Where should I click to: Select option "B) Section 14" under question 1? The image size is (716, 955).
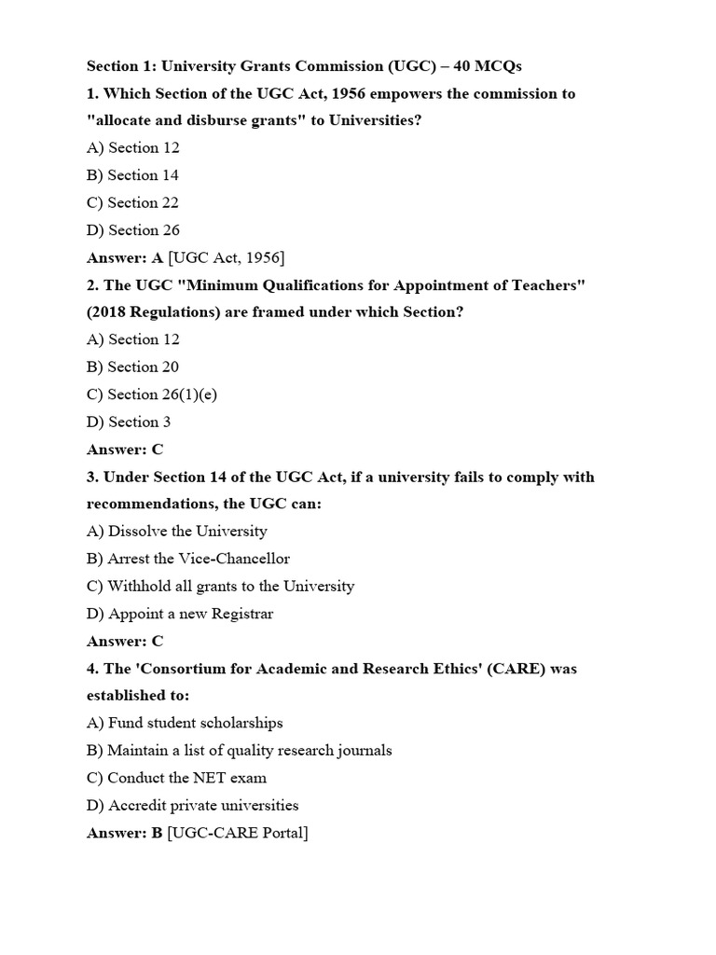coord(132,175)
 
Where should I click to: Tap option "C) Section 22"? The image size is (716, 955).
coord(132,202)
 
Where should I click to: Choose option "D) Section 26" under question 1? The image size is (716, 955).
coord(133,230)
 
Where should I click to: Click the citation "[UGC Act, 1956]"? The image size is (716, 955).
coord(227,257)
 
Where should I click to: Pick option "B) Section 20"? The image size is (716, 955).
coord(132,367)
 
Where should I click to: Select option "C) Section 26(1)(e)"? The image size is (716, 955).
coord(152,394)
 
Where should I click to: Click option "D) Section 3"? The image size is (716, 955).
coord(129,422)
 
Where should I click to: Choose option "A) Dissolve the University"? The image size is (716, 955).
coord(177,532)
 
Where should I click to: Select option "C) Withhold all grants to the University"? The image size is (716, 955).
coord(221,587)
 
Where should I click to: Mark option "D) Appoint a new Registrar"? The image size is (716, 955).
coord(180,614)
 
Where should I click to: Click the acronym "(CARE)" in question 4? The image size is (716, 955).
coord(516,669)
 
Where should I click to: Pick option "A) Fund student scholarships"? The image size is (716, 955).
coord(185,723)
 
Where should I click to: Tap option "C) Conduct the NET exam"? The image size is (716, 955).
coord(177,778)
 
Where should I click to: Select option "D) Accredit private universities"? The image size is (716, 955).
coord(193,805)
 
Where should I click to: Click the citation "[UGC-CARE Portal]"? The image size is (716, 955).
coord(238,833)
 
